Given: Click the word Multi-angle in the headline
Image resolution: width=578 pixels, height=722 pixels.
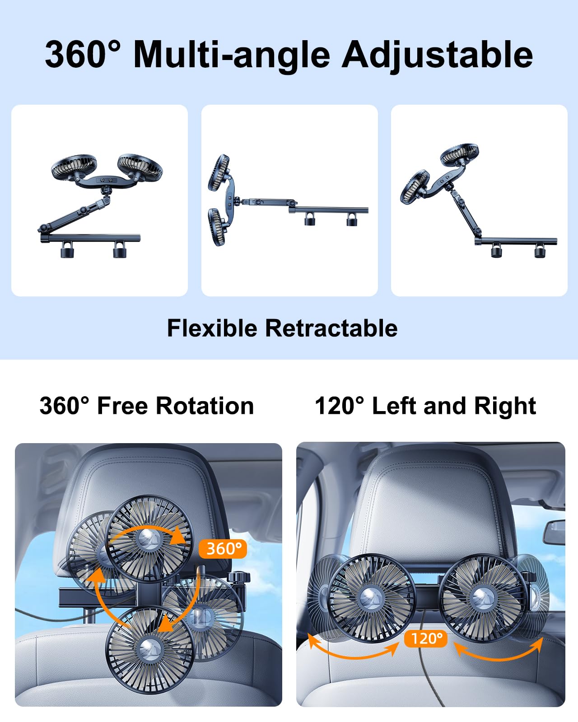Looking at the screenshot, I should click(x=232, y=55).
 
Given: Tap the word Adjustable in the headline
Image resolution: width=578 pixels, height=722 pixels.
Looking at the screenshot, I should click(x=437, y=55).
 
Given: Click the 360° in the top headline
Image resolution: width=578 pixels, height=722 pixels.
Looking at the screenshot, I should click(x=83, y=54).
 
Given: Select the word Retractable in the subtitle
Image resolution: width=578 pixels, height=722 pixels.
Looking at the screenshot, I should click(x=331, y=328).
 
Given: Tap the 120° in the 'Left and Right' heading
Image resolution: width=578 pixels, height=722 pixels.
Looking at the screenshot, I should click(x=339, y=406).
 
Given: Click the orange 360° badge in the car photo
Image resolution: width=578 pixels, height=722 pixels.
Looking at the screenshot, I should click(x=223, y=548).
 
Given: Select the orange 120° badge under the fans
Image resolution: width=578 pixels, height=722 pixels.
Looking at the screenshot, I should click(x=426, y=638).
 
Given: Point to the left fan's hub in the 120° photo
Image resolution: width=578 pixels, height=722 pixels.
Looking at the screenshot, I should click(x=371, y=598).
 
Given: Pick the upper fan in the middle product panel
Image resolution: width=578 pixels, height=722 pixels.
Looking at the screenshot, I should click(x=219, y=172).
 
